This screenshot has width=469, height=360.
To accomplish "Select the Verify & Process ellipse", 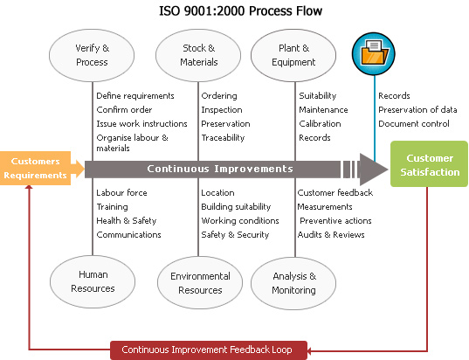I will pos(93,55).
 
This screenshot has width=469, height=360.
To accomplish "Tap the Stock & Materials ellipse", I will pos(199,55).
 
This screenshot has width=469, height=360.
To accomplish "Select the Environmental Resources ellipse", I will pos(200,282).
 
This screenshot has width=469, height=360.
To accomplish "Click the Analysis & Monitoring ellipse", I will pos(294,282).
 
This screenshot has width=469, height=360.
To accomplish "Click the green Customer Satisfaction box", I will pos(429,164).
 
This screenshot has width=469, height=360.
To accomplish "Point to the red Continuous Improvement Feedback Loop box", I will pos(207,350).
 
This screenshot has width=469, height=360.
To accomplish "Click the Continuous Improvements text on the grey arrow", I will pos(219,169).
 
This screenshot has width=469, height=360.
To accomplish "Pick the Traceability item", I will pos(223,138).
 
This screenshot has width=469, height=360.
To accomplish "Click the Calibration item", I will pos(320,124).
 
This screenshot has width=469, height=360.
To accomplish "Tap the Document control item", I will pos(413,124).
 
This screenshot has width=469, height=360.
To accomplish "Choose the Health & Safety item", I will pos(127,221).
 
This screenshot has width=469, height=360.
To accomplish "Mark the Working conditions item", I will pos(240,221).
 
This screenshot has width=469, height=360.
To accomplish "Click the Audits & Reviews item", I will pos(330,235).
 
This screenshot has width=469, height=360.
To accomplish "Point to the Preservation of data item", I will pos(418,110).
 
